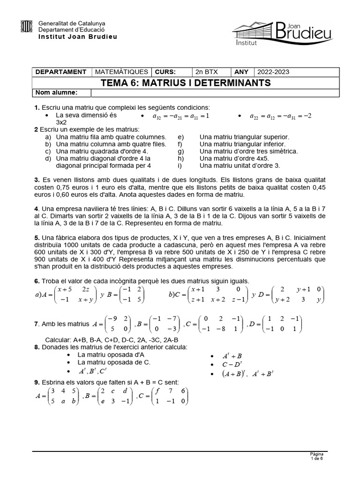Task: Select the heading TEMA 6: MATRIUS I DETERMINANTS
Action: point(186,83)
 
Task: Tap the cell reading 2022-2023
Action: point(273,72)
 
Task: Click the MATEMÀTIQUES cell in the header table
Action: point(121,72)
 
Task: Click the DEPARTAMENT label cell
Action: point(61,72)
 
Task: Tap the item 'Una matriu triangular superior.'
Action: point(244,137)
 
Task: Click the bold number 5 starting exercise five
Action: point(37,238)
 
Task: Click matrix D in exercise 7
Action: point(281,323)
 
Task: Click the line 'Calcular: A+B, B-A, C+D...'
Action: point(112,339)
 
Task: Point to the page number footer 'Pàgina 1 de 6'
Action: point(317,457)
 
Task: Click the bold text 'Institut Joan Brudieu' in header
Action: point(77,36)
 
